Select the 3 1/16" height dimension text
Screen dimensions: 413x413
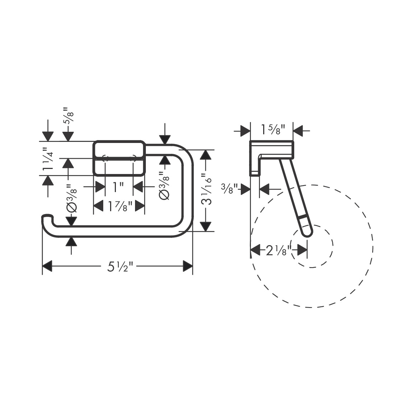point(206,190)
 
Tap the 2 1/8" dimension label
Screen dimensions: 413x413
point(276,250)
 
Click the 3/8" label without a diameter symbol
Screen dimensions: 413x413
point(230,188)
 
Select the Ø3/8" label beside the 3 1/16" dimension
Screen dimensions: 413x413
point(165,186)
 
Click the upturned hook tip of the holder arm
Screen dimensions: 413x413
point(47,217)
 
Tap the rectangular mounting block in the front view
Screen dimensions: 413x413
point(119,158)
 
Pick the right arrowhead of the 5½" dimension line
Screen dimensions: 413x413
point(188,266)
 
